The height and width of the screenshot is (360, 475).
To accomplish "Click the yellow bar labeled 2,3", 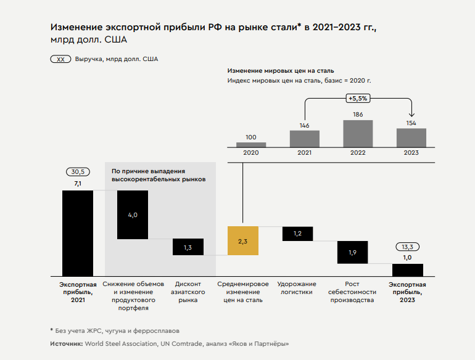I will (242, 241).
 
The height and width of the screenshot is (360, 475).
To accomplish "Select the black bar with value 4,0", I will (133, 215).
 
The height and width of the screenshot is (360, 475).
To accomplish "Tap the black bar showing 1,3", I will (188, 247).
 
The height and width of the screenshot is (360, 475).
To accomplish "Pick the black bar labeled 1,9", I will (352, 252).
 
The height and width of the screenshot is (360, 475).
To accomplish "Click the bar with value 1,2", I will (297, 234).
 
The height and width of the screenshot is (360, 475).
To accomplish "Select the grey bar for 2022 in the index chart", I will (358, 133).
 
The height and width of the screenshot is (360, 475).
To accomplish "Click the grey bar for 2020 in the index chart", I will (251, 145).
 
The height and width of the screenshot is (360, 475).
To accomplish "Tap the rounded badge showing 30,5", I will (78, 173).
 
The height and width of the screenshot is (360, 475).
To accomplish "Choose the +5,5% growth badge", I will (358, 98).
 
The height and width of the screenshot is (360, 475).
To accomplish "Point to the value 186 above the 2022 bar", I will (358, 115).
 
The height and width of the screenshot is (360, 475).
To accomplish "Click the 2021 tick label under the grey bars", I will (305, 153).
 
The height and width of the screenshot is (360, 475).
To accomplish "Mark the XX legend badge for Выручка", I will (60, 60).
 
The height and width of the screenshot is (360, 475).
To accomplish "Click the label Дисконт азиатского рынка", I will (188, 292).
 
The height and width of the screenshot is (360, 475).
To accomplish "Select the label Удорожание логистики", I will (297, 288).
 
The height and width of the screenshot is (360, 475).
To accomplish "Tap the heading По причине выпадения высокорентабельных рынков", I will (158, 174).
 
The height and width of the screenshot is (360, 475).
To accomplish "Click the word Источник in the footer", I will (66, 343).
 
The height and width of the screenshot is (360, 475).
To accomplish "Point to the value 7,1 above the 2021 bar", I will (78, 184).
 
